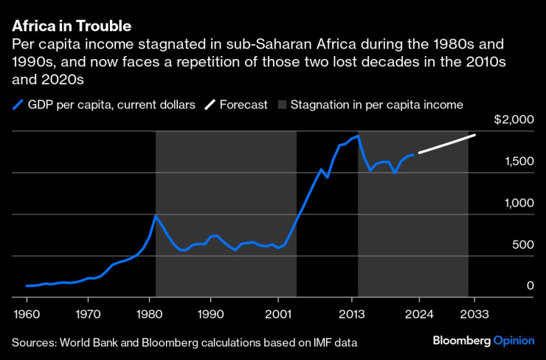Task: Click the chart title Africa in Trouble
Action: point(72,26)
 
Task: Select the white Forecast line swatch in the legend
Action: point(210,105)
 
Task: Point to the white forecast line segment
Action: point(447,145)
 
